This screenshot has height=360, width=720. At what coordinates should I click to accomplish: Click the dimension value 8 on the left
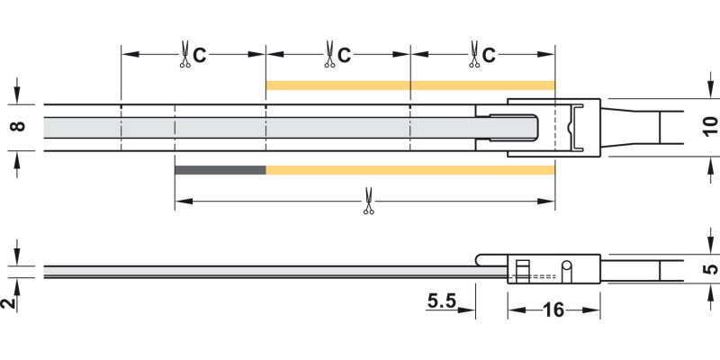tap(15, 127)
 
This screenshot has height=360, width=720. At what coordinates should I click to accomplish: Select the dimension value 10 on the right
tap(709, 127)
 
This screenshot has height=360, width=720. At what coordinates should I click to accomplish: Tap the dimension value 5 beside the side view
tap(709, 267)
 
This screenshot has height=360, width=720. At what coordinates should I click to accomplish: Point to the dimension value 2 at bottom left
tap(9, 302)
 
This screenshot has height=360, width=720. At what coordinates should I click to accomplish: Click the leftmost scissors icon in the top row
tap(184, 55)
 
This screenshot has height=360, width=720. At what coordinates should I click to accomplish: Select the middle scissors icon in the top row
tap(329, 55)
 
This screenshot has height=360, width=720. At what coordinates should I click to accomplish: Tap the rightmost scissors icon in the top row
tap(472, 55)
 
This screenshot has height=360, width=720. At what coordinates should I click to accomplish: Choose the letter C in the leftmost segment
tap(200, 56)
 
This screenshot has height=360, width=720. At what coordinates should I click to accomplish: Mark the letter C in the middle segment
tap(345, 56)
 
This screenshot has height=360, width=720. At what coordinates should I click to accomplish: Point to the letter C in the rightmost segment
tap(489, 56)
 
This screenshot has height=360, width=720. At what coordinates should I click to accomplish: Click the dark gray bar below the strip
tap(220, 170)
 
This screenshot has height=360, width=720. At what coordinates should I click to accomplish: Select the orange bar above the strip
tap(409, 85)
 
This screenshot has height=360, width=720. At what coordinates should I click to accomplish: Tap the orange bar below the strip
tap(409, 170)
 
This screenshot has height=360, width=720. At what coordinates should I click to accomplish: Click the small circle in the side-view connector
tap(567, 267)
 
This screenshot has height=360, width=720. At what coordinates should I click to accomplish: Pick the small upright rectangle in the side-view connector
tap(522, 269)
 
